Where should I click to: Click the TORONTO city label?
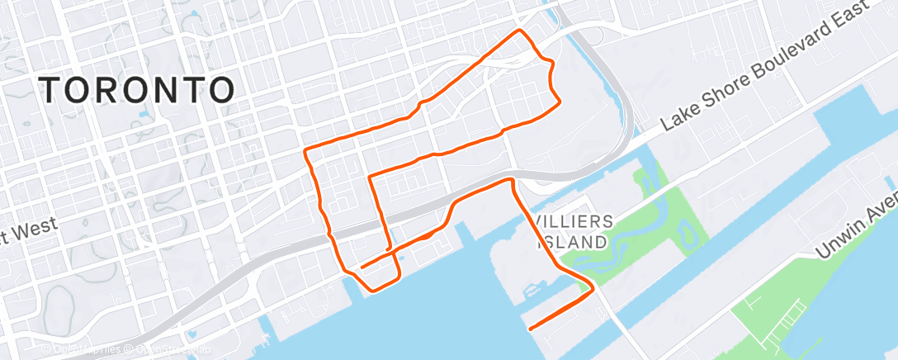[136, 89]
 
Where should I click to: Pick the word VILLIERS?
[574, 221]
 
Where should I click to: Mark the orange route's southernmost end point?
[529, 329]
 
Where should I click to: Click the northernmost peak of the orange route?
[519, 31]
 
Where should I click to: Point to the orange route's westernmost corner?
[306, 151]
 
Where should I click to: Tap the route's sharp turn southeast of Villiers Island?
[592, 289]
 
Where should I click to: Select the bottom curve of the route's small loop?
[377, 287]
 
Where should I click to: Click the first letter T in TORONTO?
[52, 89]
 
